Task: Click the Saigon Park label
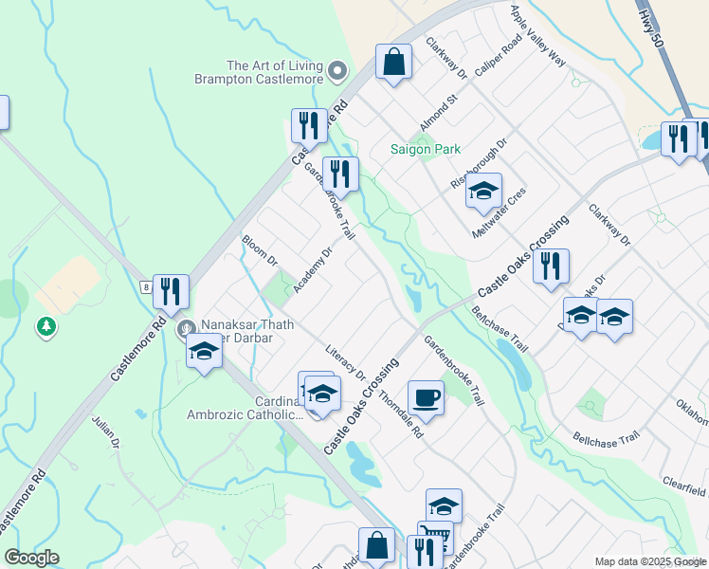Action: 426,149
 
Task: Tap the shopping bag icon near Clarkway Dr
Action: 393,63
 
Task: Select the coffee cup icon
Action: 426,397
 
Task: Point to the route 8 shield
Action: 144,285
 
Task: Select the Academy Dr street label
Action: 313,272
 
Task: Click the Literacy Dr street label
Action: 345,362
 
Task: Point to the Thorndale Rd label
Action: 400,414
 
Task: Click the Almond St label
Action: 439,113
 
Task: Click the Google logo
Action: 31,558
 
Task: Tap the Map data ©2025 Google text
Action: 649,561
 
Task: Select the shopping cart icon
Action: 435,537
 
